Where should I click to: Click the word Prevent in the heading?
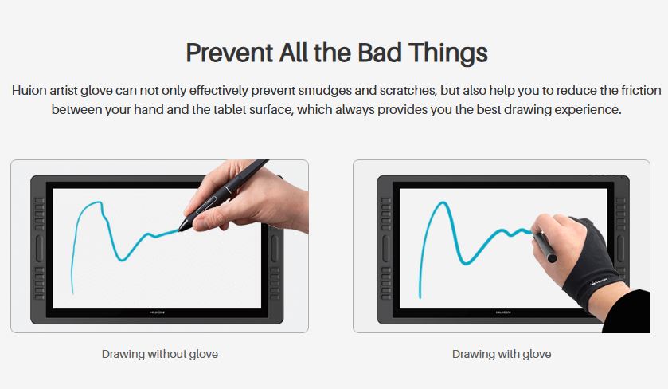229,53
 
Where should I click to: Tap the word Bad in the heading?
380,53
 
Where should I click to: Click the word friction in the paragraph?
641,90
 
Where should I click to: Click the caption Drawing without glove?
160,354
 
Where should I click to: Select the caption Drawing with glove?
502,354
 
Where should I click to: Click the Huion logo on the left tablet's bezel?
157,312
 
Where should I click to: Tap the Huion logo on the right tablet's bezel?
503,312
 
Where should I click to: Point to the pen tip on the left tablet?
180,230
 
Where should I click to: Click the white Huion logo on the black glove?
599,282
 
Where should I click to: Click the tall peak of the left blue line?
100,202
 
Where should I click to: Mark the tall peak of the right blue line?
443,202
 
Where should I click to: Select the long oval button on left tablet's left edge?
39,248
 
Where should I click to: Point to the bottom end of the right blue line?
420,297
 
